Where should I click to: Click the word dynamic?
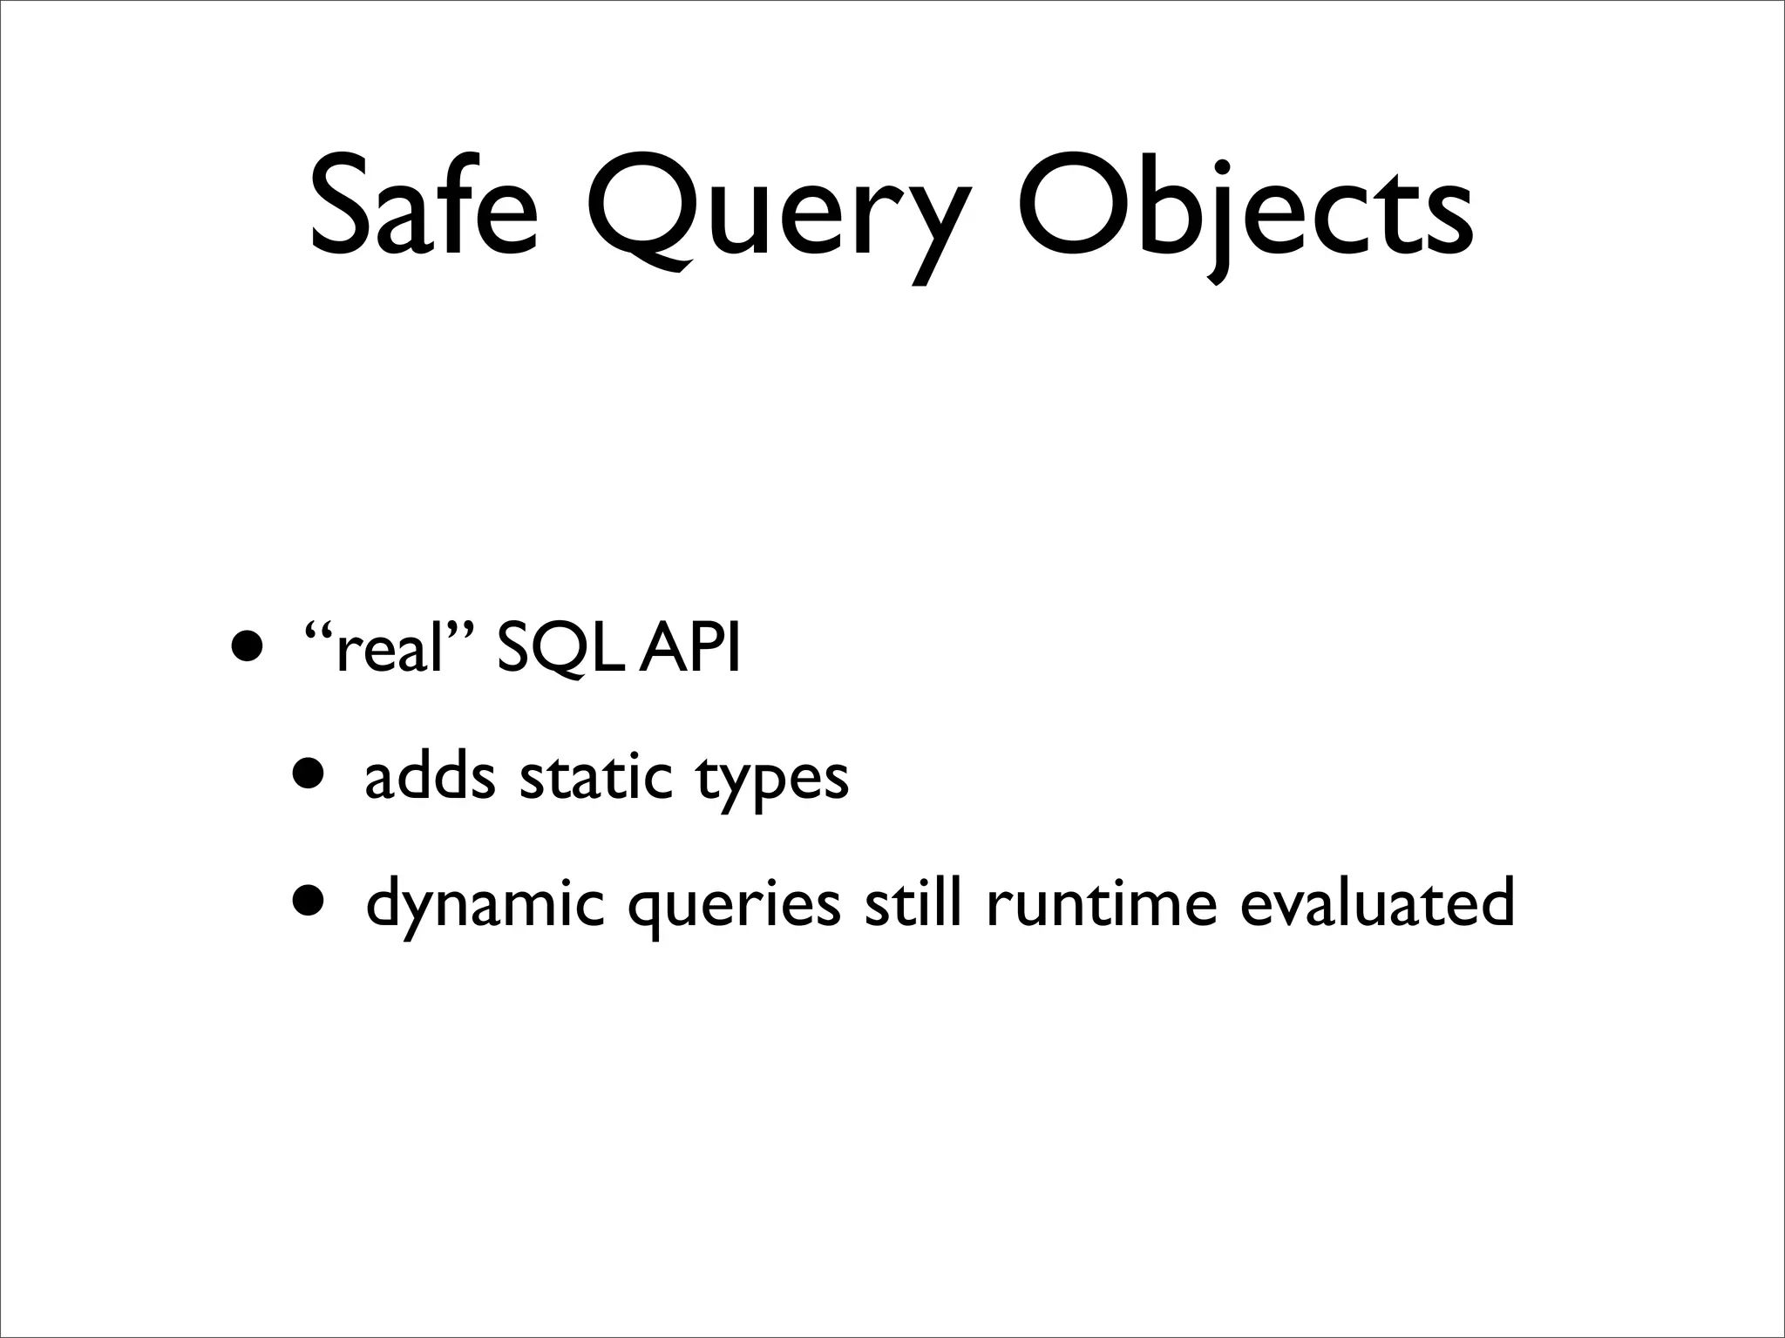tap(485, 904)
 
